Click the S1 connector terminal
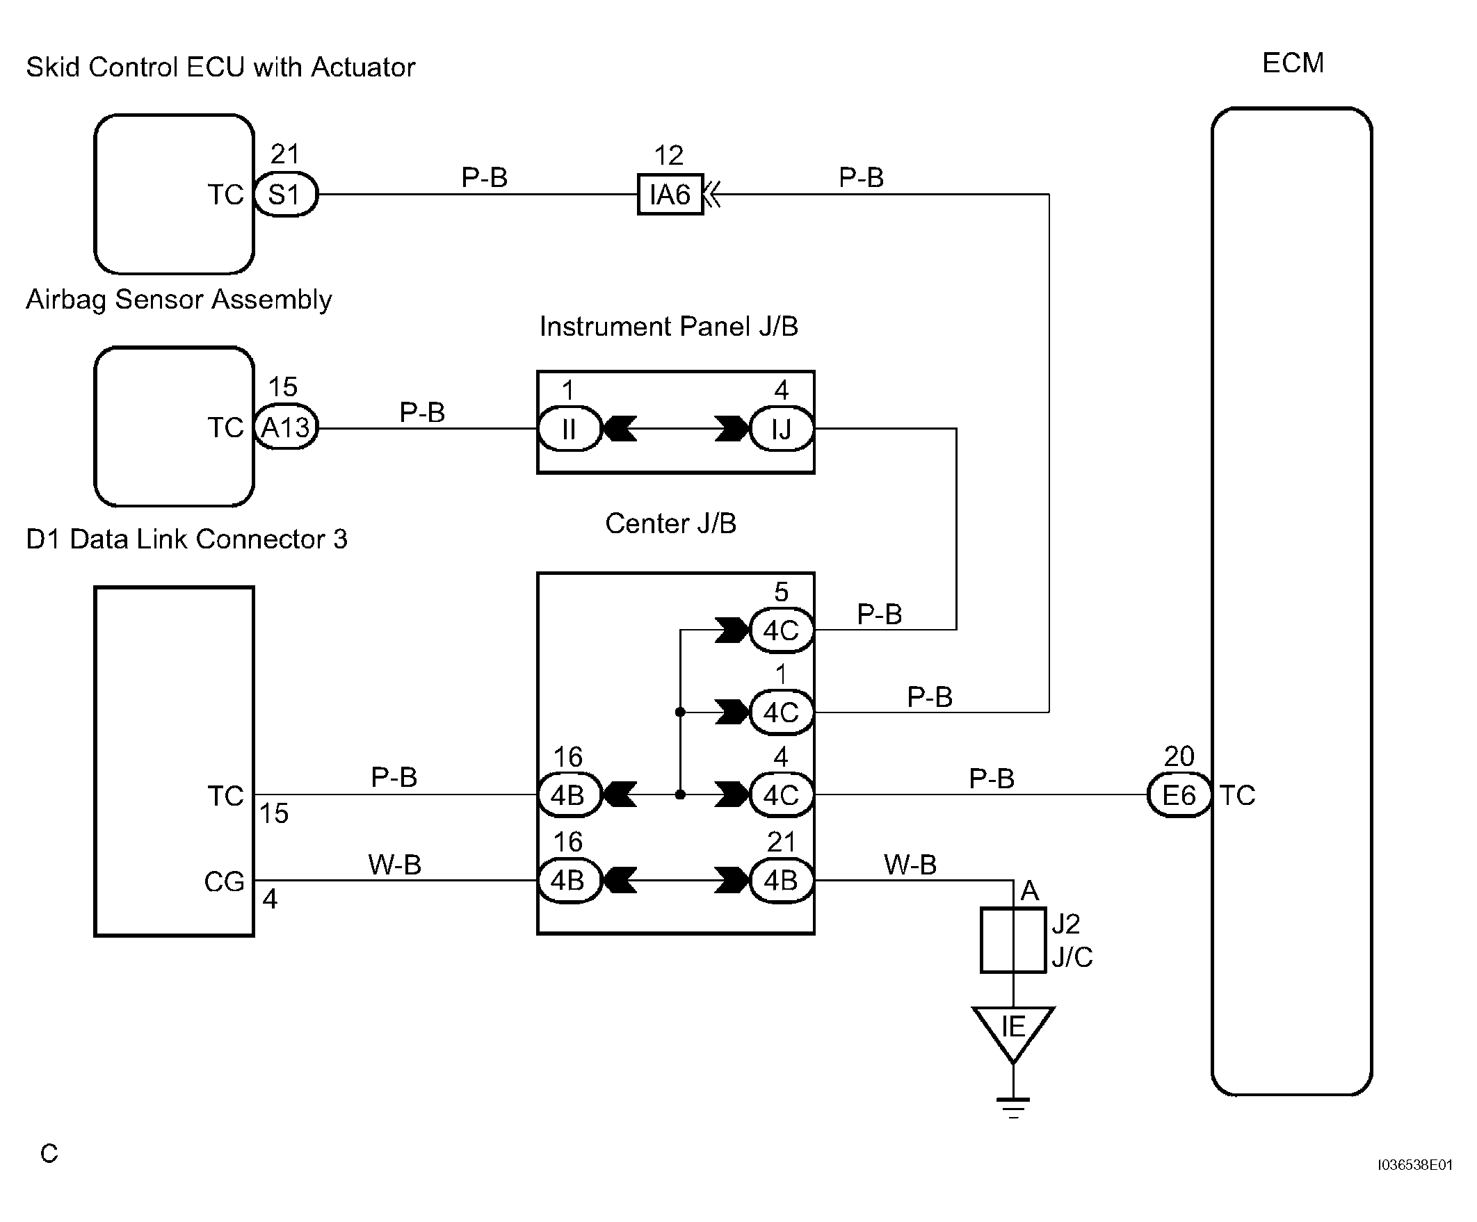pos(286,194)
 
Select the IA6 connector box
pos(670,194)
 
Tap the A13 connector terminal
pos(286,427)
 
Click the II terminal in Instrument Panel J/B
pos(570,428)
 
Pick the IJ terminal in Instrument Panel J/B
pos(782,428)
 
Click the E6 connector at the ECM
pos(1179,795)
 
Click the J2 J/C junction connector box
pos(1013,940)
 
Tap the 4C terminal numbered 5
pos(782,630)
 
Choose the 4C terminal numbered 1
pos(782,712)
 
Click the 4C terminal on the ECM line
pos(782,795)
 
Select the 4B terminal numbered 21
pos(782,879)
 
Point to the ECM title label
pos(1293,63)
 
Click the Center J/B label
pos(670,523)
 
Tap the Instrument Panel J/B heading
pos(669,326)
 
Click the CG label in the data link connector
pos(225,881)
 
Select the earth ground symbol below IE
pos(1013,1107)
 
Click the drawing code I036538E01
pos(1414,1165)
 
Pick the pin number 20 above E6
pos(1179,756)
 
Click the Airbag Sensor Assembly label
pos(179,300)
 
